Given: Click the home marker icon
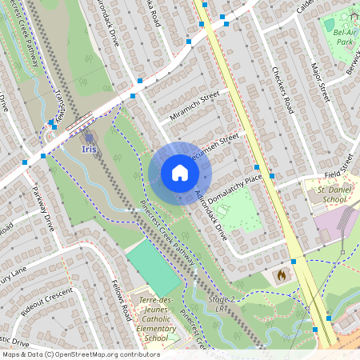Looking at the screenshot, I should click(180, 173).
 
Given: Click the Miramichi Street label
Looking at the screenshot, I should click(194, 107).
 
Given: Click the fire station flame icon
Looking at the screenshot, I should click(281, 275).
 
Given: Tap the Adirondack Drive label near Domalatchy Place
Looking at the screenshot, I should click(212, 214).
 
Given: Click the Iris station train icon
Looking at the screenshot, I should click(90, 136).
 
